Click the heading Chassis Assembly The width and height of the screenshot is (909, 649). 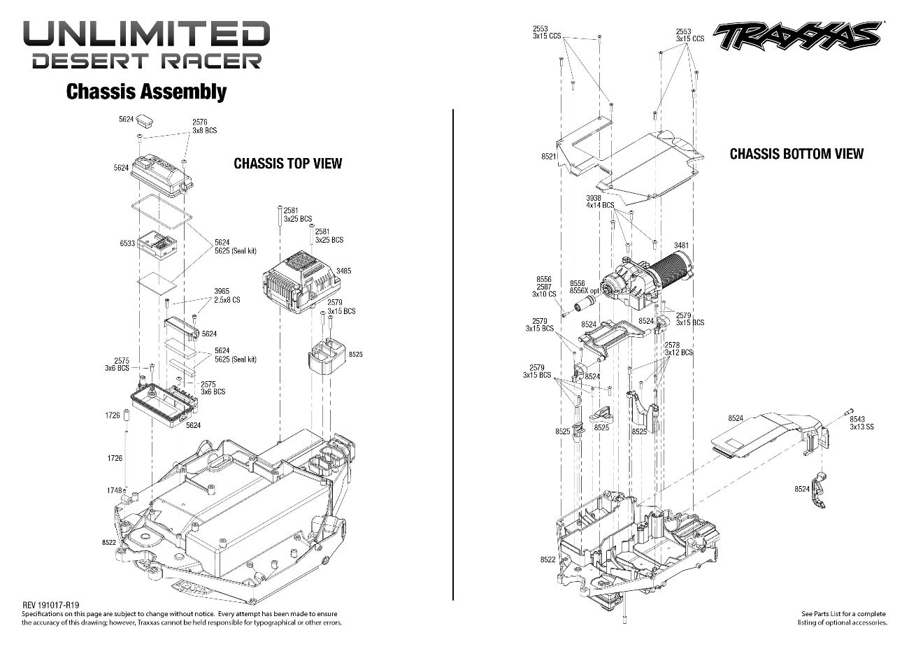coord(146,92)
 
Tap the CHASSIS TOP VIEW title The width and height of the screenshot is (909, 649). coord(287,164)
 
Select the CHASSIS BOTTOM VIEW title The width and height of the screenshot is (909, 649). coord(796,154)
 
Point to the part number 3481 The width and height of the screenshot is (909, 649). coord(681,245)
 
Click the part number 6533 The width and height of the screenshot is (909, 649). coord(127,243)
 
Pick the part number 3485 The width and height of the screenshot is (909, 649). coord(343,271)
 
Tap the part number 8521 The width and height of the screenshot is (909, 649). coord(549,157)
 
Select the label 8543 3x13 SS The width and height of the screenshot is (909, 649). coord(861,422)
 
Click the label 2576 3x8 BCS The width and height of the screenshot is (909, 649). coord(204,127)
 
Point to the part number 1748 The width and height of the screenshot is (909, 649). coord(114,490)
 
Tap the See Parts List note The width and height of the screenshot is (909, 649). coord(843,618)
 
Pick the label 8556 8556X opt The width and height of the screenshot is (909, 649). coord(585,287)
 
